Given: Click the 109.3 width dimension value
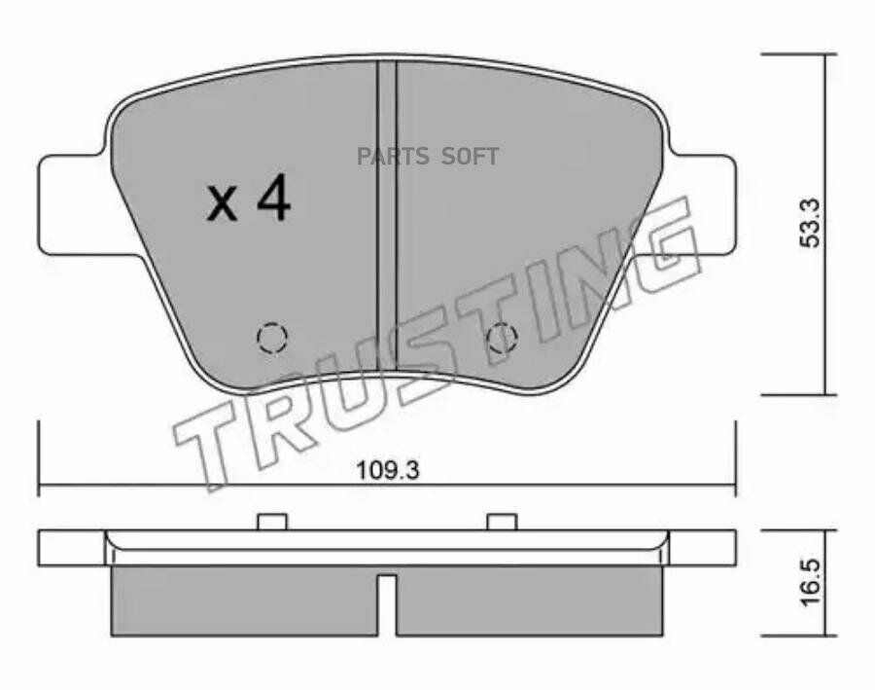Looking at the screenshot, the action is (388, 470).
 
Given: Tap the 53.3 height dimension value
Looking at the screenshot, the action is (810, 222).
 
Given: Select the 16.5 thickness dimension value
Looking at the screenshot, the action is (811, 583).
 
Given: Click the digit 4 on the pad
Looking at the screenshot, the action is (273, 198).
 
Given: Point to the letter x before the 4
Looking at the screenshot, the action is (222, 204).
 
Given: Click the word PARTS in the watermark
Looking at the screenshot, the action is (393, 157).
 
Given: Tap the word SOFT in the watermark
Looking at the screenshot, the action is (470, 157).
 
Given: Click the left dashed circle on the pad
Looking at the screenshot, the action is (272, 338).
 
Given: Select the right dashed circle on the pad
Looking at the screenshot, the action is (503, 338).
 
